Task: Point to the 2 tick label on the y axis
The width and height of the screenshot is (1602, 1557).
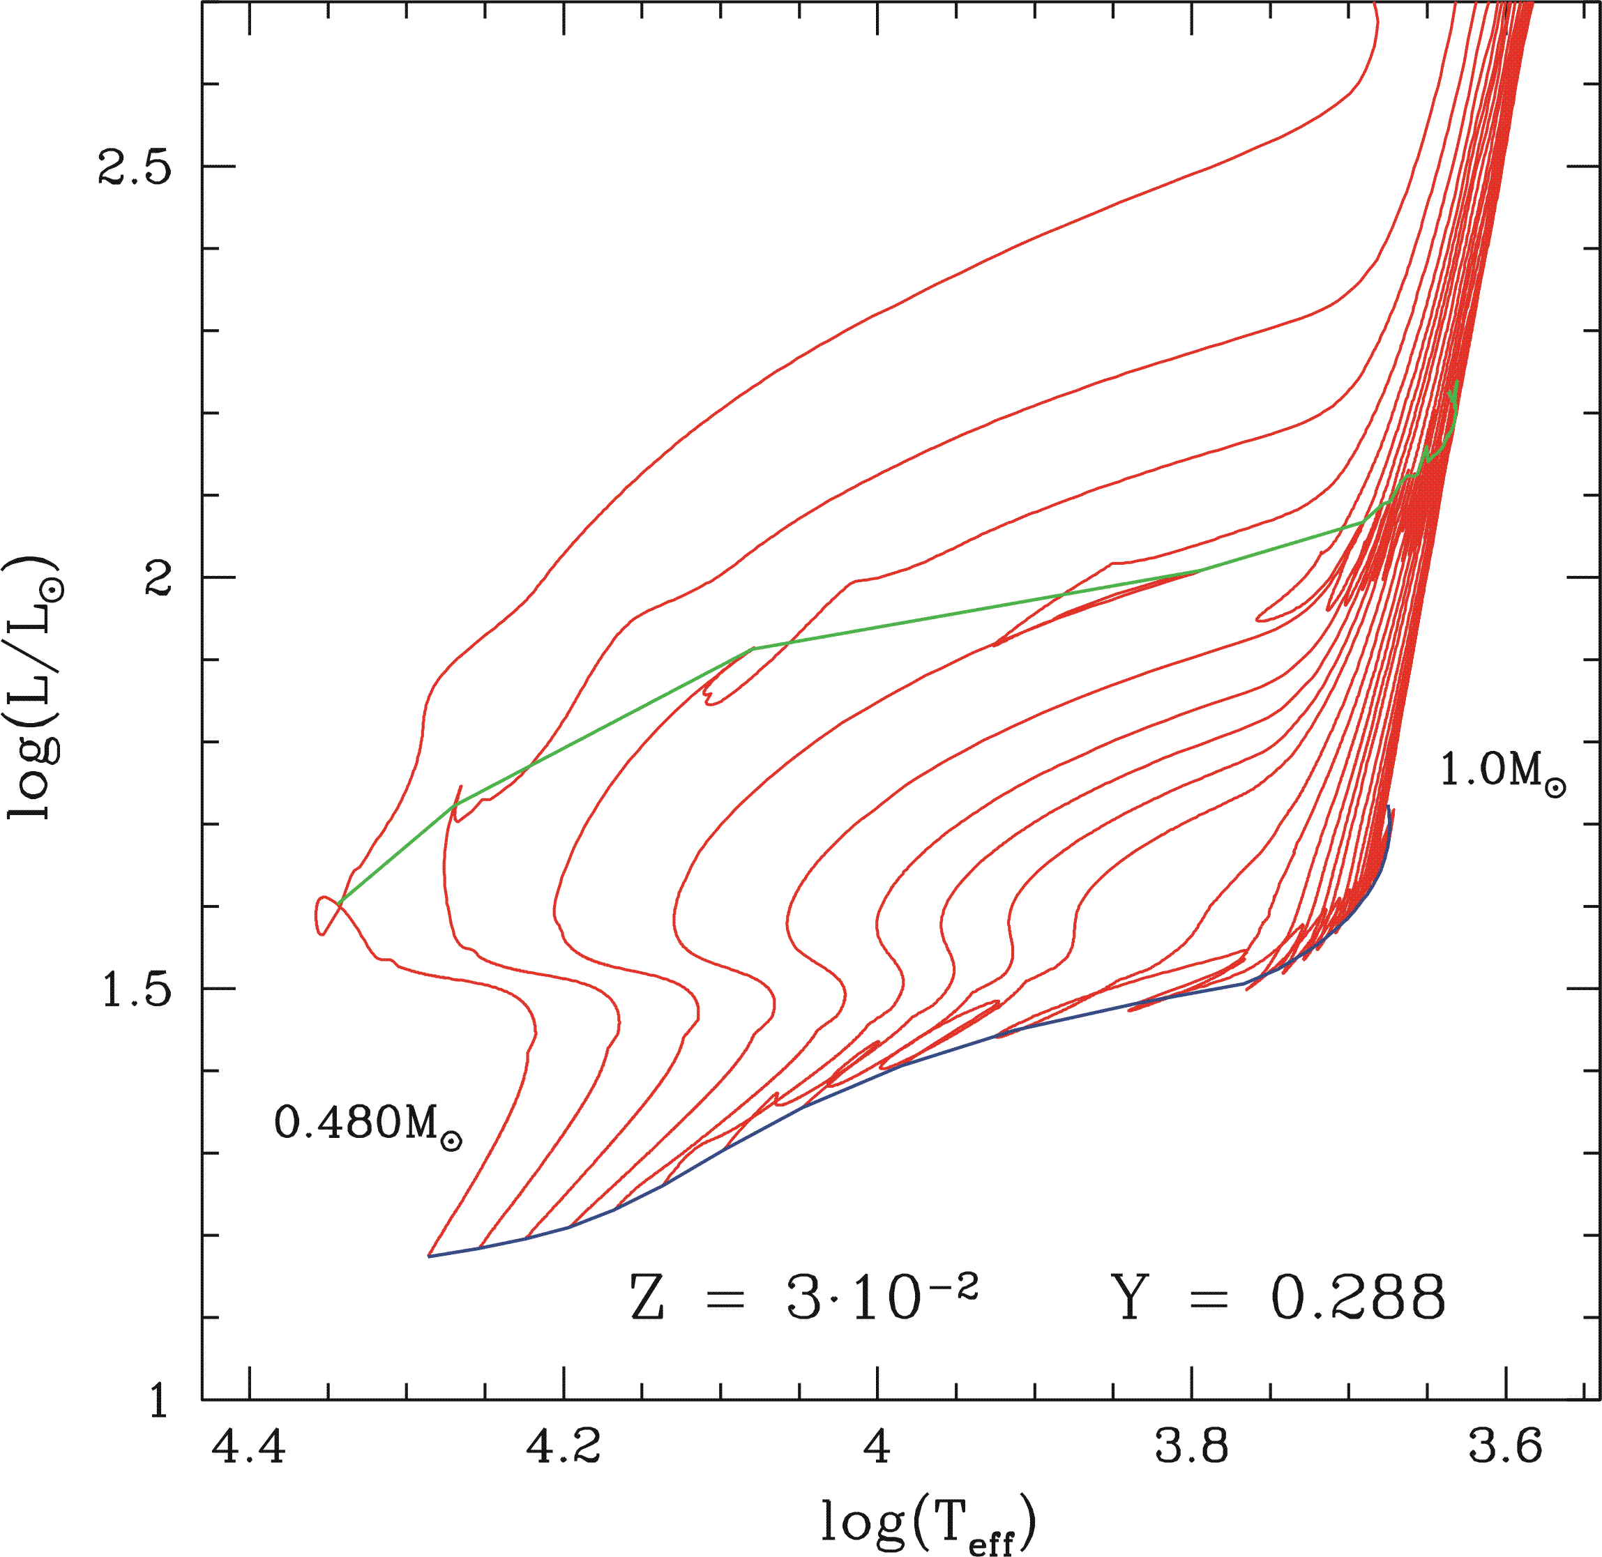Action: (x=157, y=578)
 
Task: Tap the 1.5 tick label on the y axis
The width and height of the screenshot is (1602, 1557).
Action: (x=134, y=989)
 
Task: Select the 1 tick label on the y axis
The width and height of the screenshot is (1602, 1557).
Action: (x=158, y=1401)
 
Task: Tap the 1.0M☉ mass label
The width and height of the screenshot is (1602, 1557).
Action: (x=1502, y=770)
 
